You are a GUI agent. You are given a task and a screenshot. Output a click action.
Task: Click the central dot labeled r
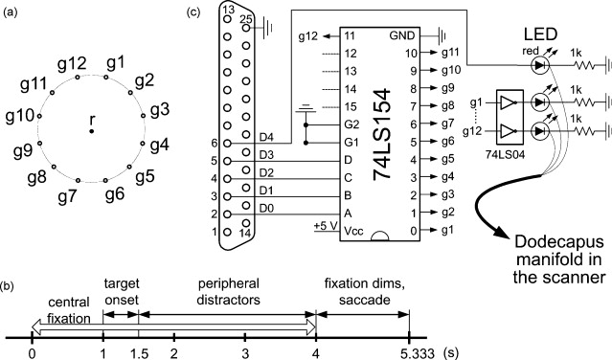(91, 131)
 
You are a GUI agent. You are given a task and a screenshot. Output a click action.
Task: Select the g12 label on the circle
(72, 64)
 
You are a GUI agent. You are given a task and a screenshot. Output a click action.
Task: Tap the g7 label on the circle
(68, 198)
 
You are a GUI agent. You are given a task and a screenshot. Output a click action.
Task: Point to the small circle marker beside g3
(144, 116)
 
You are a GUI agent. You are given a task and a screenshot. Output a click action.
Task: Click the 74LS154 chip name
(382, 135)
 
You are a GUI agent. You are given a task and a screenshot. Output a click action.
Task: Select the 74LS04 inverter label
(505, 155)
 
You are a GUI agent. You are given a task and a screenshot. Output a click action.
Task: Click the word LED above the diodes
(540, 34)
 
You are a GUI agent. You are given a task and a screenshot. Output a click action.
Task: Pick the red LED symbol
(540, 65)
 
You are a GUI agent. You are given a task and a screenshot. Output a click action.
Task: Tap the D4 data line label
(266, 137)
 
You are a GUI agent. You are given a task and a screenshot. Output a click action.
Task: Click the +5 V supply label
(326, 226)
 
